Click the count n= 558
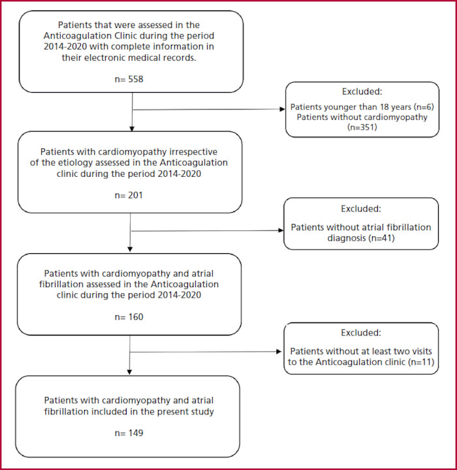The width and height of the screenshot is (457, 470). click(129, 79)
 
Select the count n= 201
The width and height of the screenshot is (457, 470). click(129, 195)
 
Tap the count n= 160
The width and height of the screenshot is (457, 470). click(129, 317)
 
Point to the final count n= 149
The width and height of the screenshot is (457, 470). click(129, 433)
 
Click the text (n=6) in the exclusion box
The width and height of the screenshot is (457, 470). click(424, 107)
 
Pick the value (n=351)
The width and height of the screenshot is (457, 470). click(362, 127)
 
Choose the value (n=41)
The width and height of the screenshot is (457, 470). click(382, 238)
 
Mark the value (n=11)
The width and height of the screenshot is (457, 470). click(421, 362)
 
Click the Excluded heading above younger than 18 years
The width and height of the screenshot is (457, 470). click(362, 91)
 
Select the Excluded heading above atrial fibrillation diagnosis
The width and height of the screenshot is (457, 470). click(361, 209)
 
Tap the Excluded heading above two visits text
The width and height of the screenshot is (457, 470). click(361, 332)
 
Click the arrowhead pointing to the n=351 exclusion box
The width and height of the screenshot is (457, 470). click(283, 109)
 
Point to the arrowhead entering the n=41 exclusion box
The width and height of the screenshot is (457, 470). click(281, 230)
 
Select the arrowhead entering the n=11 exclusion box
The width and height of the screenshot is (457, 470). click(279, 352)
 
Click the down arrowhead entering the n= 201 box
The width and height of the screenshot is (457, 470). click(132, 129)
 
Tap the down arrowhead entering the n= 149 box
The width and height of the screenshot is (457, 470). click(129, 372)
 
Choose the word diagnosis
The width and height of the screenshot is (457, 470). click(347, 238)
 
